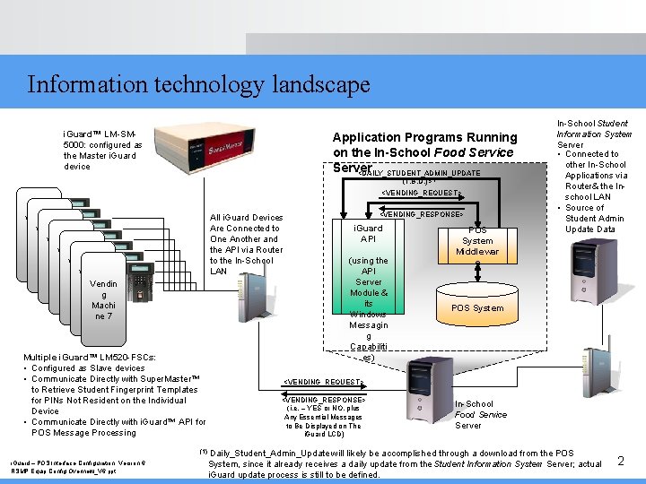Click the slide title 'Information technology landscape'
click(198, 84)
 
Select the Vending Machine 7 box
click(103, 299)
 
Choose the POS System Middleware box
click(476, 240)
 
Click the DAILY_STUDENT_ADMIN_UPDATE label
click(420, 173)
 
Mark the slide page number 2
click(620, 461)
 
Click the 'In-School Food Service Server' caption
click(480, 414)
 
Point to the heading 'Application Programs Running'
click(424, 137)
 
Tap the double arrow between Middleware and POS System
click(477, 268)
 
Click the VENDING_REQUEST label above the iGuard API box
click(421, 193)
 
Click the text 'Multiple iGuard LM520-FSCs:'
click(90, 357)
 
